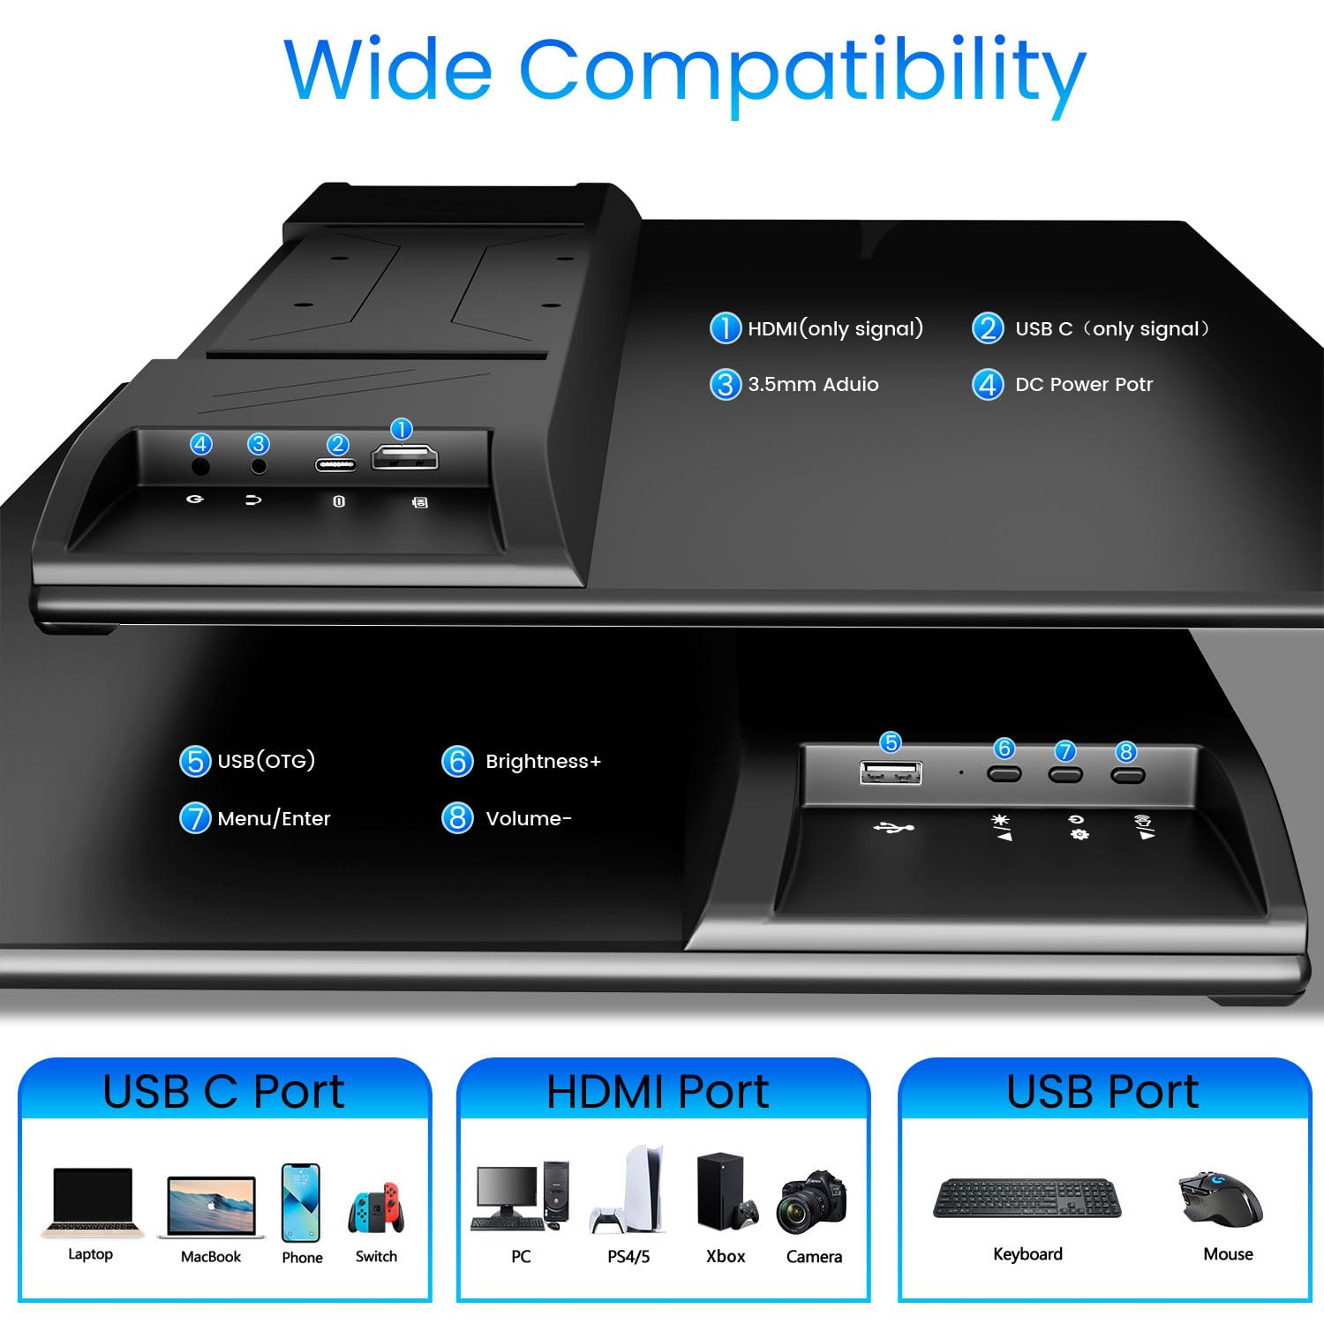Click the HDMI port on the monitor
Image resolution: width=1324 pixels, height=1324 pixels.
click(x=404, y=457)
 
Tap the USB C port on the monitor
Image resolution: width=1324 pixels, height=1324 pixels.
click(x=336, y=464)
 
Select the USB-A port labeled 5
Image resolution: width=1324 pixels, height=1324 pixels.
click(x=891, y=773)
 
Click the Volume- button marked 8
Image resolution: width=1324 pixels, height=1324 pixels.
click(x=1127, y=775)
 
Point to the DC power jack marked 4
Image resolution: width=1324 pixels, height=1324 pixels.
click(x=201, y=465)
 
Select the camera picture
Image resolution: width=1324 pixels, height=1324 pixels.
click(x=812, y=1201)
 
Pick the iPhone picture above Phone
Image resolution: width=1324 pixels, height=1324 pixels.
click(x=301, y=1202)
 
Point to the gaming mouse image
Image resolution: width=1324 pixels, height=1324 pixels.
click(x=1221, y=1198)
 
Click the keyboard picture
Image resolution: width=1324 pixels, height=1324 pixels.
click(x=1027, y=1198)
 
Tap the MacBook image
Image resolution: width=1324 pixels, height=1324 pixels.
click(x=211, y=1207)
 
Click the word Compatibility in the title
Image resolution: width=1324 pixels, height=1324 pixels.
click(x=801, y=72)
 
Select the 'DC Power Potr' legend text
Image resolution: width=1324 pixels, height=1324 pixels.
click(x=1084, y=385)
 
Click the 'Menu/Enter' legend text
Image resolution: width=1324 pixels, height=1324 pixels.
click(x=274, y=819)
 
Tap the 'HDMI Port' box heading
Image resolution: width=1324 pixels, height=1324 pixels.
click(x=658, y=1092)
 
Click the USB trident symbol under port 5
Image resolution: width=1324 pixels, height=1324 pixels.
click(x=893, y=828)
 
